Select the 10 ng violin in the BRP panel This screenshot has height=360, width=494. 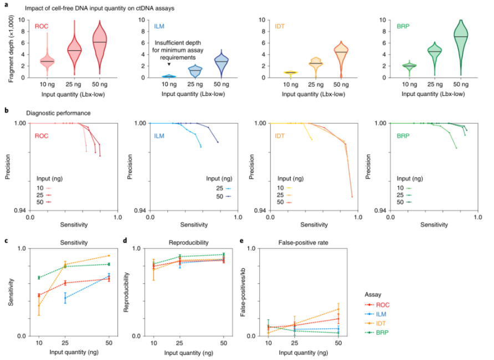coord(409,66)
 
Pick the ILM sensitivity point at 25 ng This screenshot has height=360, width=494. coord(65,298)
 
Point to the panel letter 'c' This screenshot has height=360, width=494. coord(6,241)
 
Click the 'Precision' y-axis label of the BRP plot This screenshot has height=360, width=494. coord(370,167)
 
